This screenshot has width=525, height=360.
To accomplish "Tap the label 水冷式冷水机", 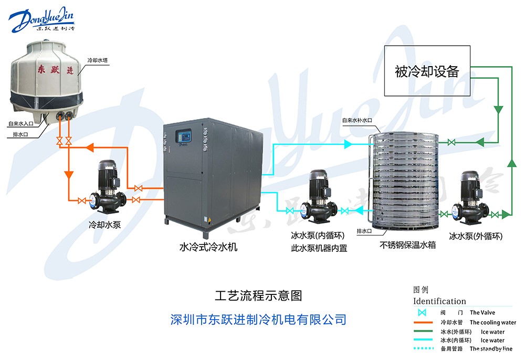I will point(208,247).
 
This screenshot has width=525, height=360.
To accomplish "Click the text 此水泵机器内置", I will point(319,248).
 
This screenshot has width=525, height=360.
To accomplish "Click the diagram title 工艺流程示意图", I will point(259,295).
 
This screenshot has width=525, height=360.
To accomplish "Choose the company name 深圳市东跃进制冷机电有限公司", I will point(259,319).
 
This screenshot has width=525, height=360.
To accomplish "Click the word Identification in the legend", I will point(439,301).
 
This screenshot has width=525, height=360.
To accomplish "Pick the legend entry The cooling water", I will point(492,323).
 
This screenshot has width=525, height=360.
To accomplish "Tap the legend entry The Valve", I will point(482,313).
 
